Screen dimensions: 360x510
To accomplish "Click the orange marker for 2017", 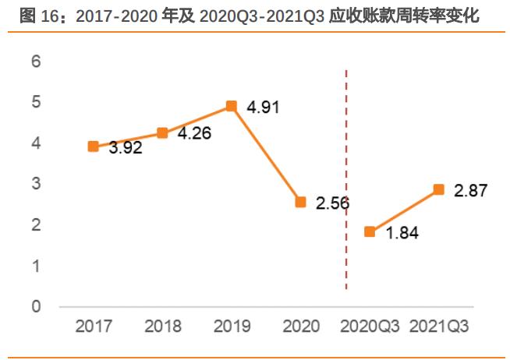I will (x=94, y=146).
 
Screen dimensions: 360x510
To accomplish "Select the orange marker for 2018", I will (x=162, y=132).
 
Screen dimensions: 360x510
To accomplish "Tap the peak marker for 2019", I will (x=231, y=106).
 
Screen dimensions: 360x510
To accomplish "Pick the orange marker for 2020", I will (x=300, y=202).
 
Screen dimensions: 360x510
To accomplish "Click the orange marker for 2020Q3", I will (x=370, y=231).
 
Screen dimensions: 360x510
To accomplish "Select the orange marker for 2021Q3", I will (x=438, y=189).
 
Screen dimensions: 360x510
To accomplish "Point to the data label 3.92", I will (x=125, y=148).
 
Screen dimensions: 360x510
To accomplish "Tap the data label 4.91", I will (x=264, y=107).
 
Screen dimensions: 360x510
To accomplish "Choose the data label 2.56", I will (x=333, y=203).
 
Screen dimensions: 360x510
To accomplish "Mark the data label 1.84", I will (x=402, y=233).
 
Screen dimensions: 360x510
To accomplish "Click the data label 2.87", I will (x=471, y=191).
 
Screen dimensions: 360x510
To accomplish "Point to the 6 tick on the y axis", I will (x=35, y=62).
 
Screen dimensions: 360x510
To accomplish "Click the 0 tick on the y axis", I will (x=35, y=307).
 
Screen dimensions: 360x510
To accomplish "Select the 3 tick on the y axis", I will (x=35, y=184).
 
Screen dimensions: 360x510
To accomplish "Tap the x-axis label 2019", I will (x=231, y=326).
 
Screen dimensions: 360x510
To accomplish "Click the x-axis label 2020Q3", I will (x=370, y=326).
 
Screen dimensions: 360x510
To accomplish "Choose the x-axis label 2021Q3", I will (x=438, y=326).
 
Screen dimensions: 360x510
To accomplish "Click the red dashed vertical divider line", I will (x=346, y=179).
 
